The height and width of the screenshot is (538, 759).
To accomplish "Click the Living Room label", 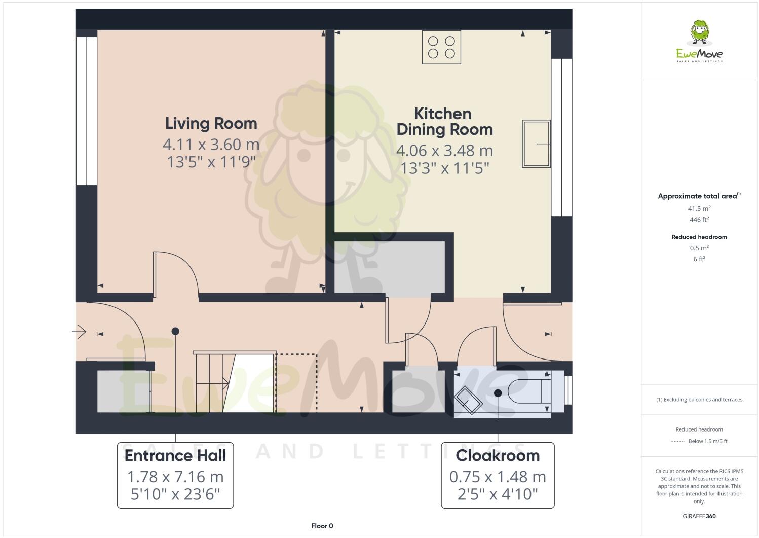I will pyautogui.click(x=211, y=123).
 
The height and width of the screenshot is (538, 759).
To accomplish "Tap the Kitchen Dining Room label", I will pyautogui.click(x=444, y=122).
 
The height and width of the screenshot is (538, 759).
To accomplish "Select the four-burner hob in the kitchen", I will pyautogui.click(x=441, y=47).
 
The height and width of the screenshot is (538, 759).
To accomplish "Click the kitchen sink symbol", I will pyautogui.click(x=536, y=144).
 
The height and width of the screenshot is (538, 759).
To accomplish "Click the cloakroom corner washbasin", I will pyautogui.click(x=467, y=400).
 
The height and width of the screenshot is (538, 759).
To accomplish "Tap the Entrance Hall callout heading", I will pyautogui.click(x=175, y=455).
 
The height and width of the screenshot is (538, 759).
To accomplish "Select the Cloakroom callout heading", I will pyautogui.click(x=498, y=455).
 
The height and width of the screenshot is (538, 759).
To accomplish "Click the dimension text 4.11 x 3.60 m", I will pyautogui.click(x=211, y=145).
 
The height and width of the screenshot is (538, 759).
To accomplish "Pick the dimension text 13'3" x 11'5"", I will pyautogui.click(x=444, y=168).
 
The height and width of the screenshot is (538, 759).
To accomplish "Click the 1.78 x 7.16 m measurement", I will pyautogui.click(x=175, y=477).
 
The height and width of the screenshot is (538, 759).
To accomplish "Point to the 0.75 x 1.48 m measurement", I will pyautogui.click(x=498, y=477).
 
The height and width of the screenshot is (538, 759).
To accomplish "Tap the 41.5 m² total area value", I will pyautogui.click(x=699, y=208).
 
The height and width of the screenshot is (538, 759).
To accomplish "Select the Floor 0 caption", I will pyautogui.click(x=322, y=526).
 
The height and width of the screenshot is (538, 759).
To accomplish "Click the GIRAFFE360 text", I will pyautogui.click(x=699, y=516).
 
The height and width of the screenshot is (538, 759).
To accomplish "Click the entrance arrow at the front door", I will pyautogui.click(x=79, y=333).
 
